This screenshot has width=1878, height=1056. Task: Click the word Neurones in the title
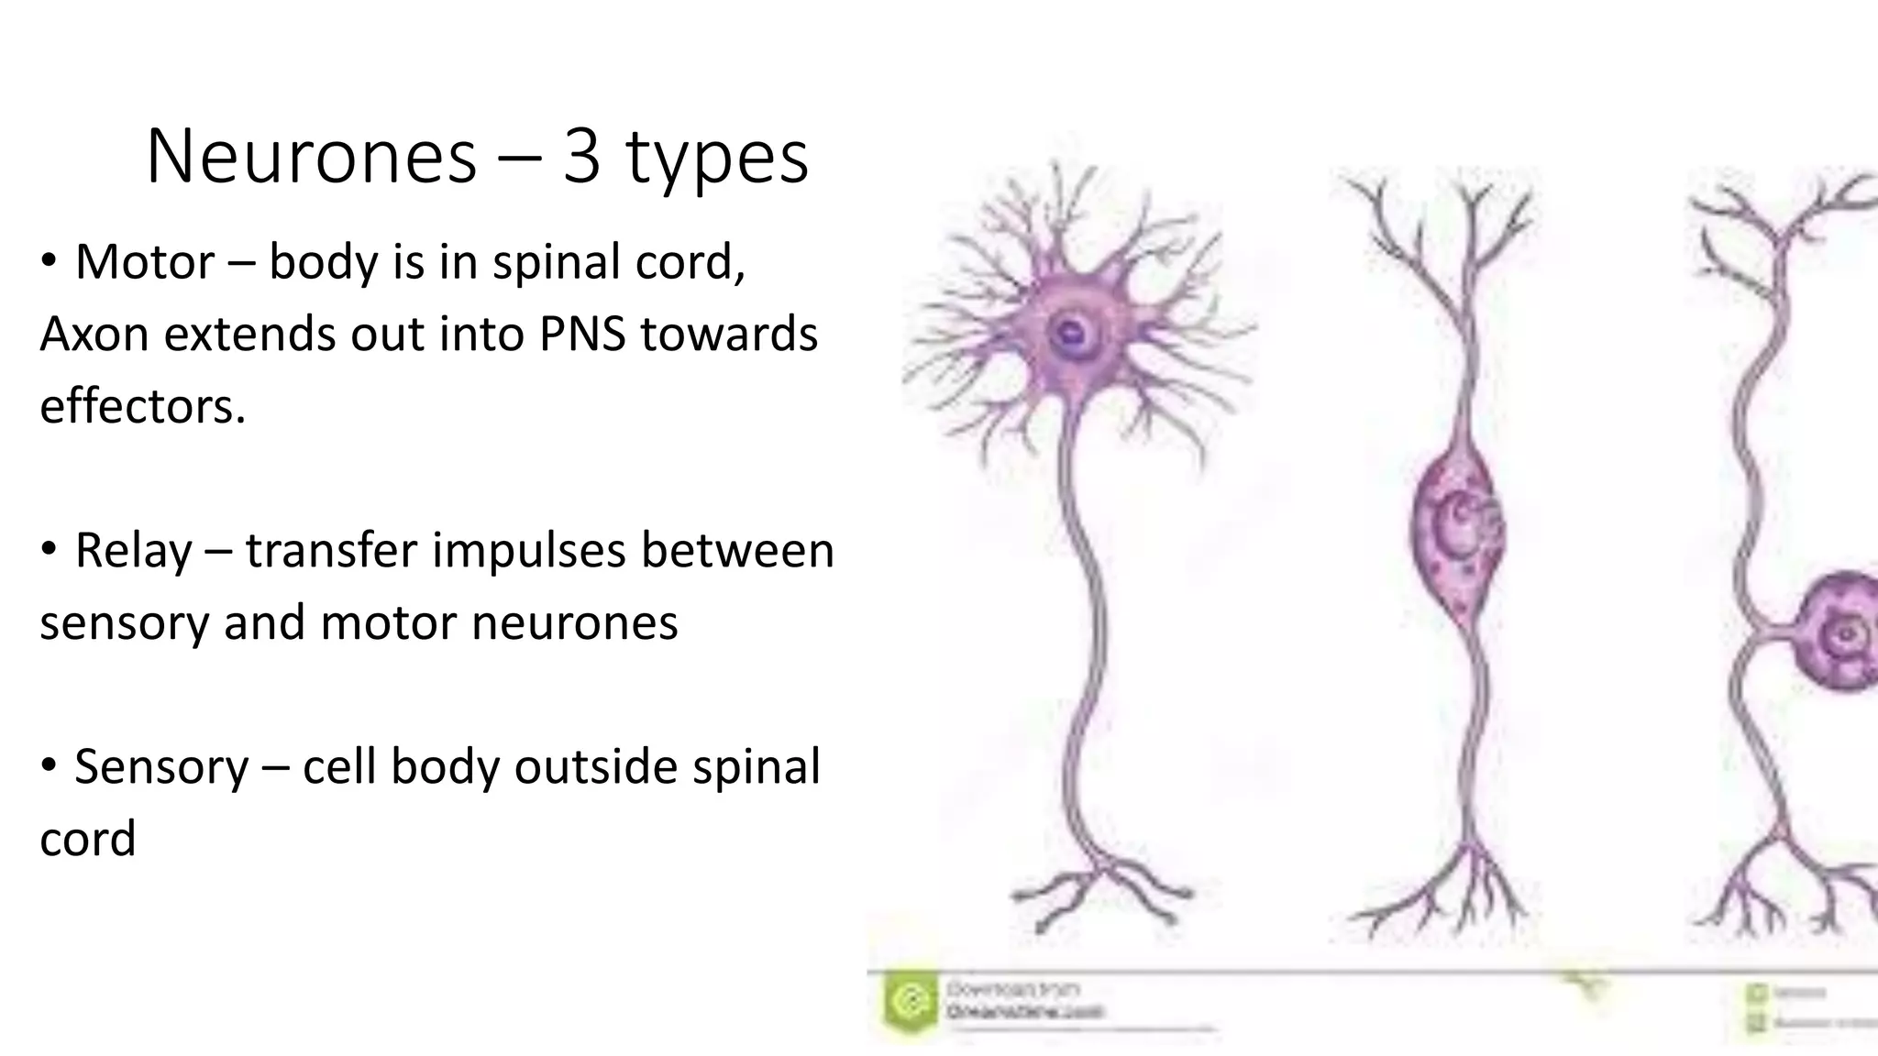pyautogui.click(x=311, y=157)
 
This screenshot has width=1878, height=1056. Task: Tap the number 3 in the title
pyautogui.click(x=581, y=157)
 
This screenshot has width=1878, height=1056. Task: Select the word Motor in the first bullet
pyautogui.click(x=145, y=262)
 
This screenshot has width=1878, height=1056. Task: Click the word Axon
pyautogui.click(x=94, y=334)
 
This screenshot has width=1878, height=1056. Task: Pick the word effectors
pyautogui.click(x=142, y=405)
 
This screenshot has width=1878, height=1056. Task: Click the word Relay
pyautogui.click(x=134, y=551)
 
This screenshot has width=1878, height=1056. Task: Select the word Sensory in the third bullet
pyautogui.click(x=161, y=766)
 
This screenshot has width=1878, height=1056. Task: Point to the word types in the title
pyautogui.click(x=717, y=157)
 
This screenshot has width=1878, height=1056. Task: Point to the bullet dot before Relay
pyautogui.click(x=50, y=550)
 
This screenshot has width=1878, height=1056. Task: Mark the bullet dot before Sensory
pyautogui.click(x=50, y=765)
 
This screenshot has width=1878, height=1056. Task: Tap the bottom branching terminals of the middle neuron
pyautogui.click(x=1458, y=894)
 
